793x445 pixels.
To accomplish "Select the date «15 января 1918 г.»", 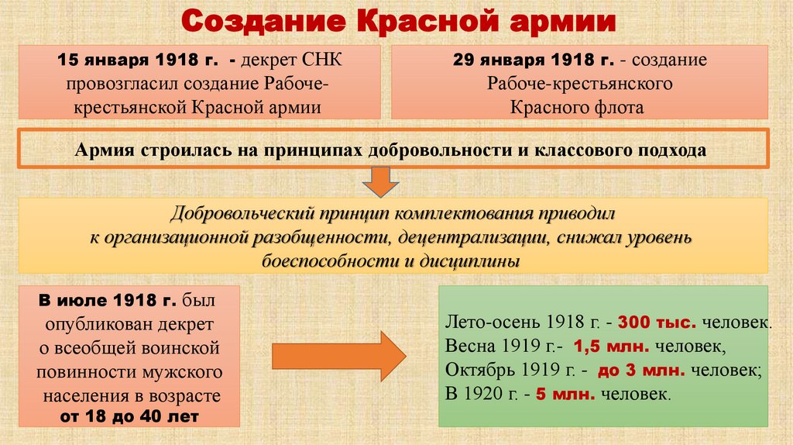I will click(144, 60).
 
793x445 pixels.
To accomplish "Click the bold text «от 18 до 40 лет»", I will click(130, 416).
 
